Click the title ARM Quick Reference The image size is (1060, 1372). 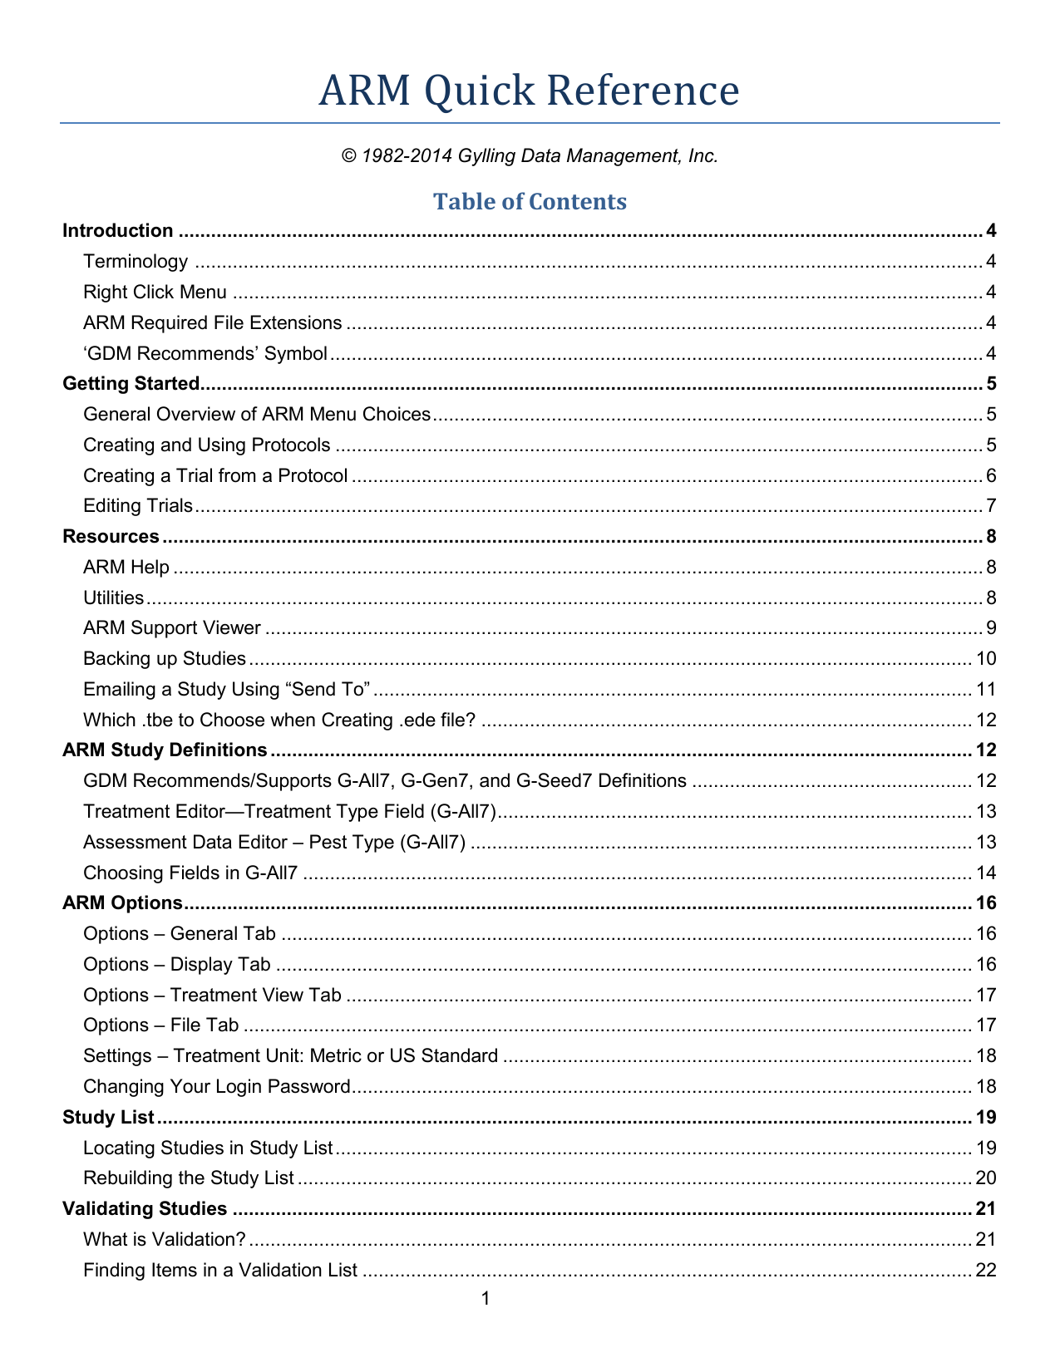529,91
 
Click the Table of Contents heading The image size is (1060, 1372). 530,202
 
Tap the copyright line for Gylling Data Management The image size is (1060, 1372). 530,156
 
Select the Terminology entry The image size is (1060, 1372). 136,262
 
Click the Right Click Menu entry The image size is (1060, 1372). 155,293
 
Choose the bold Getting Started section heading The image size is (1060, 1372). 131,384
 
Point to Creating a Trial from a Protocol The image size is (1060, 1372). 215,476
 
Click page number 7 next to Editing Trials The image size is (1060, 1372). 990,506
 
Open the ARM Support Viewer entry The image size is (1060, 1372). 172,628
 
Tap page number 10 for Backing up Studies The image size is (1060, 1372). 986,659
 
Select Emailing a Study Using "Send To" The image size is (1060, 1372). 226,690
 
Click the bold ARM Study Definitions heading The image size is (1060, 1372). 165,750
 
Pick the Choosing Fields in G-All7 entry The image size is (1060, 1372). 190,873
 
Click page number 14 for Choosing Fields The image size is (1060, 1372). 986,873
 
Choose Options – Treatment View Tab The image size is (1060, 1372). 212,996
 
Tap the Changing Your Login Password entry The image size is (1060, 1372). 217,1087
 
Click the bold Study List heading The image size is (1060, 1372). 109,1118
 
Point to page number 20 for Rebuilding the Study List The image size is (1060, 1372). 986,1178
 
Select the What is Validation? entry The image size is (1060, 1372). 165,1240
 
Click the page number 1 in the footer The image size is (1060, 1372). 486,1299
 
